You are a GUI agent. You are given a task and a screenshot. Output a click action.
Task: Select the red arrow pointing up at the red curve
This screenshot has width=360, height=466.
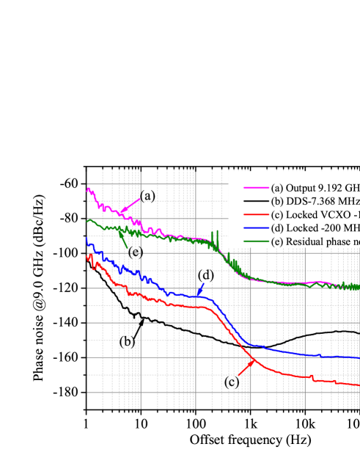coord(246,367)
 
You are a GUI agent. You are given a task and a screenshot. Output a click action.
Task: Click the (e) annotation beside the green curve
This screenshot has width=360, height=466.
coord(136,252)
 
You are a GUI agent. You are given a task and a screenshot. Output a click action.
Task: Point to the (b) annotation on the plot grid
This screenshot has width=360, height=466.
coord(127,341)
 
